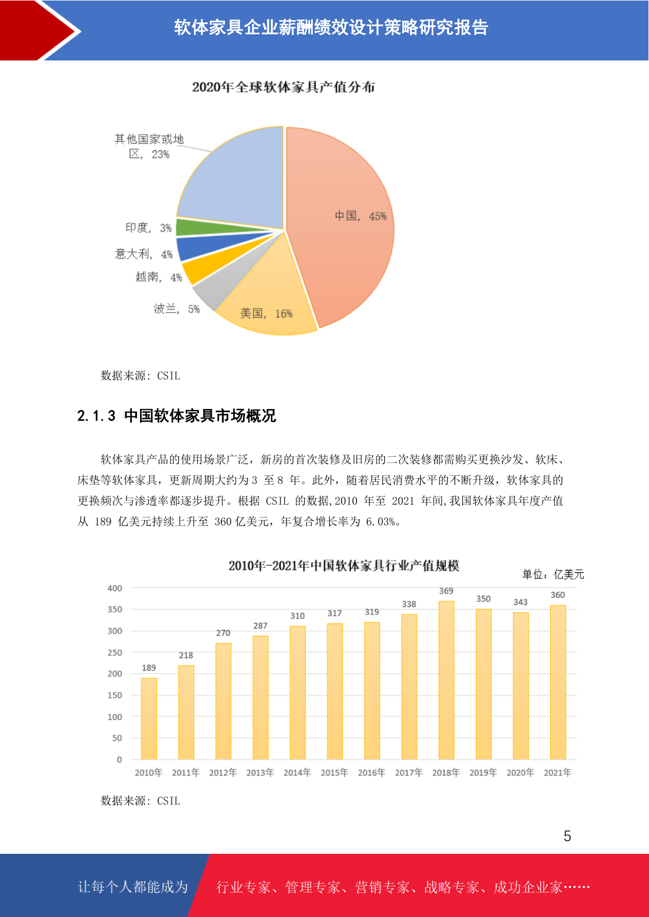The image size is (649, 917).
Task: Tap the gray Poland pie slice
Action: [x=221, y=286]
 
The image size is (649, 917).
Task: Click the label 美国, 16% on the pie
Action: [x=266, y=314]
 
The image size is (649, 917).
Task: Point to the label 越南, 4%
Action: [x=159, y=277]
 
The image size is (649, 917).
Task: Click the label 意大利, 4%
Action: [x=143, y=254]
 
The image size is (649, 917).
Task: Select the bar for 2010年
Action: [x=149, y=718]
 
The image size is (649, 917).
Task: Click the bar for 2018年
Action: [x=446, y=680]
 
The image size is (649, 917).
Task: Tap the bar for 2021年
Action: [x=557, y=682]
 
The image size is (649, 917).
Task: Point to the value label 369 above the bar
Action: [x=446, y=591]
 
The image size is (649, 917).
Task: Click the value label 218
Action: [x=186, y=655]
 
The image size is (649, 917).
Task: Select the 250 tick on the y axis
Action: [x=115, y=652]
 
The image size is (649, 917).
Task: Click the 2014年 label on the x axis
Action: [x=298, y=773]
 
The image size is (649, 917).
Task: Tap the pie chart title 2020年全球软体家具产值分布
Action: [x=283, y=87]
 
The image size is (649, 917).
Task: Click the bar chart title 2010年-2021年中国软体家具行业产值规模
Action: [x=344, y=566]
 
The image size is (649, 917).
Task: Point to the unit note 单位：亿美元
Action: [x=553, y=574]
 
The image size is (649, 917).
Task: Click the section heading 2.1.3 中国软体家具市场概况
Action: [x=177, y=415]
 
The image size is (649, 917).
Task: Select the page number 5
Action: [x=567, y=836]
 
